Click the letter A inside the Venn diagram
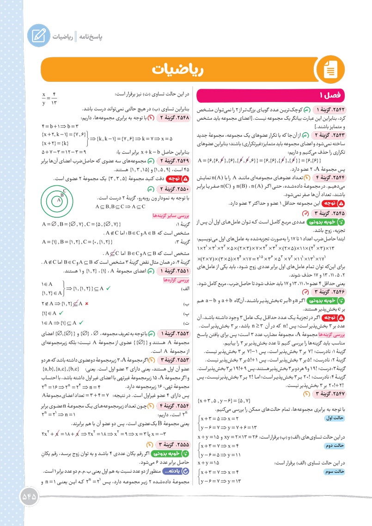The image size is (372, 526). pyautogui.click(x=59, y=201)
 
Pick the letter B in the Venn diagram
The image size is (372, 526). pyautogui.click(x=63, y=195)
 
